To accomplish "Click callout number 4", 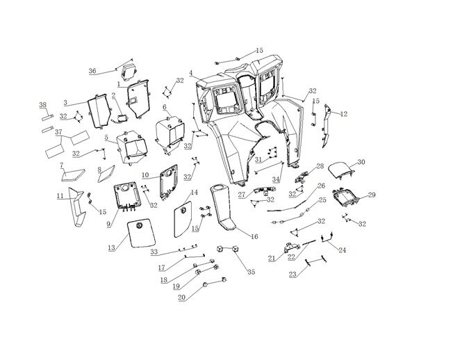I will tap(190, 73).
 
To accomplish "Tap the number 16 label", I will tap(254, 236).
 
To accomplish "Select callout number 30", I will tap(361, 162).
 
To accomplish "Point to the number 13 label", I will tap(113, 247).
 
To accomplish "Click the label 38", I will tap(42, 105).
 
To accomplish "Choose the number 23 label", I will tap(292, 274).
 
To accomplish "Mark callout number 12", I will tap(344, 113).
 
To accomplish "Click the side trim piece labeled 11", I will tap(76, 208).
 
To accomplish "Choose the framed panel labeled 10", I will tap(168, 182).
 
